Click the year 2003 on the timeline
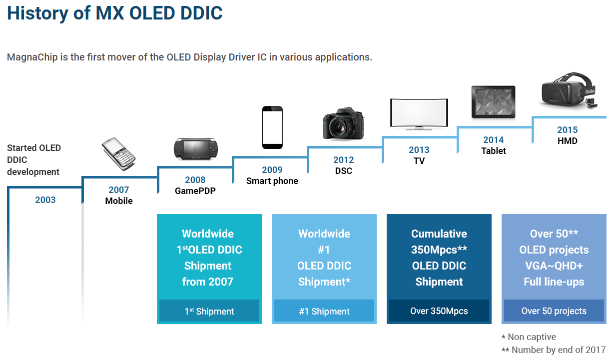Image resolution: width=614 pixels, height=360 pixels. coord(45,200)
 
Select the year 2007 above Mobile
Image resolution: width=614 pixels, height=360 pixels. coord(119,190)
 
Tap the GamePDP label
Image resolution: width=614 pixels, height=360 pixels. coord(195,191)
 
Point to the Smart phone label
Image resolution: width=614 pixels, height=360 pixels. coord(272,181)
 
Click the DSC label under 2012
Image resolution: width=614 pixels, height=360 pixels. coord(343,171)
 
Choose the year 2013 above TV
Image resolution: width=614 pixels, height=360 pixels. coord(419,150)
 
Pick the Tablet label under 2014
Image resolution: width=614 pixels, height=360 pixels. coord(493,151)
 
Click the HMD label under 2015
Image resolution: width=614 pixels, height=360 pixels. coord(567,141)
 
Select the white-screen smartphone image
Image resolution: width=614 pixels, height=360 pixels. coord(272,127)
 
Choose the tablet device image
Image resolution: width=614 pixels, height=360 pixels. coord(494,102)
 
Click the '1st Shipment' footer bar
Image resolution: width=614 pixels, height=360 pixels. coord(209,311)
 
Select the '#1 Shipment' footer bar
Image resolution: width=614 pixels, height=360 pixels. coord(324,311)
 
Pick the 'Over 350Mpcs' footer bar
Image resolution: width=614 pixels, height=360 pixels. coord(439,311)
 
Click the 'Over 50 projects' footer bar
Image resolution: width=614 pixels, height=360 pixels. coord(554,311)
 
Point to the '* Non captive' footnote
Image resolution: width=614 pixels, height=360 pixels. coord(529,337)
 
